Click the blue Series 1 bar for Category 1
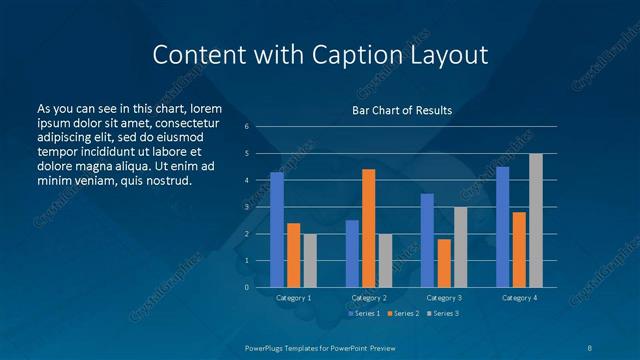click(x=277, y=230)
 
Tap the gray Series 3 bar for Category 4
click(x=536, y=220)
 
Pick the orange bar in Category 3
click(x=444, y=263)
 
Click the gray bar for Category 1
click(x=310, y=260)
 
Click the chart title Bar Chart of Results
click(x=402, y=110)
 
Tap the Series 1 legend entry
click(x=362, y=314)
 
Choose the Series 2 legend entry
click(x=402, y=314)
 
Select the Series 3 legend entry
click(x=442, y=314)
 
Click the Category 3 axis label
click(x=444, y=298)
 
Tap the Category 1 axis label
click(x=293, y=298)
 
